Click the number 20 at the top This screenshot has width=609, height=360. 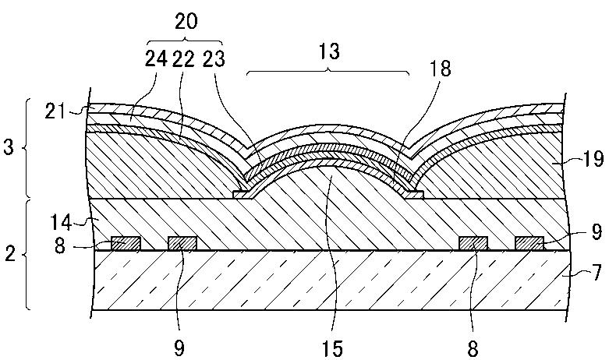tap(186, 22)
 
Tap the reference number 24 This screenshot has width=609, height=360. tap(156, 59)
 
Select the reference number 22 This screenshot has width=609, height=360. tap(184, 59)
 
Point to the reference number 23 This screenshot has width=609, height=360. tap(214, 59)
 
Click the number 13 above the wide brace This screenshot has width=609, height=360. tap(329, 51)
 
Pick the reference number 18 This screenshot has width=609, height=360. tap(440, 69)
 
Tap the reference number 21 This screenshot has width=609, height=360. tap(55, 111)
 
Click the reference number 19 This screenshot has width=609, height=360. tap(593, 159)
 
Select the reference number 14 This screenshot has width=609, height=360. tap(61, 223)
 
